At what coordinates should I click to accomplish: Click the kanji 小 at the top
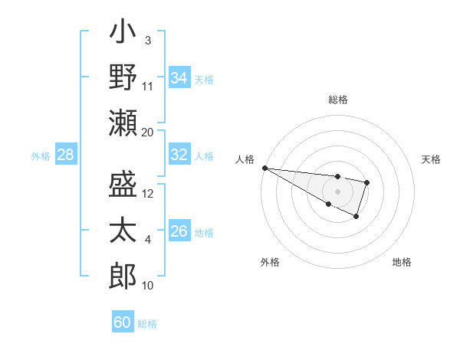click(123, 34)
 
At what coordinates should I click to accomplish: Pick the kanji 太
click(123, 230)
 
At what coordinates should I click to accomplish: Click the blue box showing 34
click(179, 77)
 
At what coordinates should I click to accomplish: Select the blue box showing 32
click(179, 155)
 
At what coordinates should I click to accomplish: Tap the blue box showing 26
click(179, 231)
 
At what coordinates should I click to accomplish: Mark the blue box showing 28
click(65, 155)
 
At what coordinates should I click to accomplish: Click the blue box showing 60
click(122, 322)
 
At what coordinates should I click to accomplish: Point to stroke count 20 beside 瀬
click(147, 133)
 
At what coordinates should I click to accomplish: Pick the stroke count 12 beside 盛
click(148, 194)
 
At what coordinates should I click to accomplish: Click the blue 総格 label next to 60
click(147, 324)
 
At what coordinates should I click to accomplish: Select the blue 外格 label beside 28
click(41, 156)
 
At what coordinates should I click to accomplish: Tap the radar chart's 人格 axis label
click(245, 159)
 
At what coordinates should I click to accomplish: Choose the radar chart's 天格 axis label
click(431, 159)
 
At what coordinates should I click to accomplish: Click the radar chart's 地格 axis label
click(402, 262)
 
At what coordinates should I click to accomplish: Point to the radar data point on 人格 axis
click(264, 168)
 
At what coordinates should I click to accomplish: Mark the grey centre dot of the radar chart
click(337, 191)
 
